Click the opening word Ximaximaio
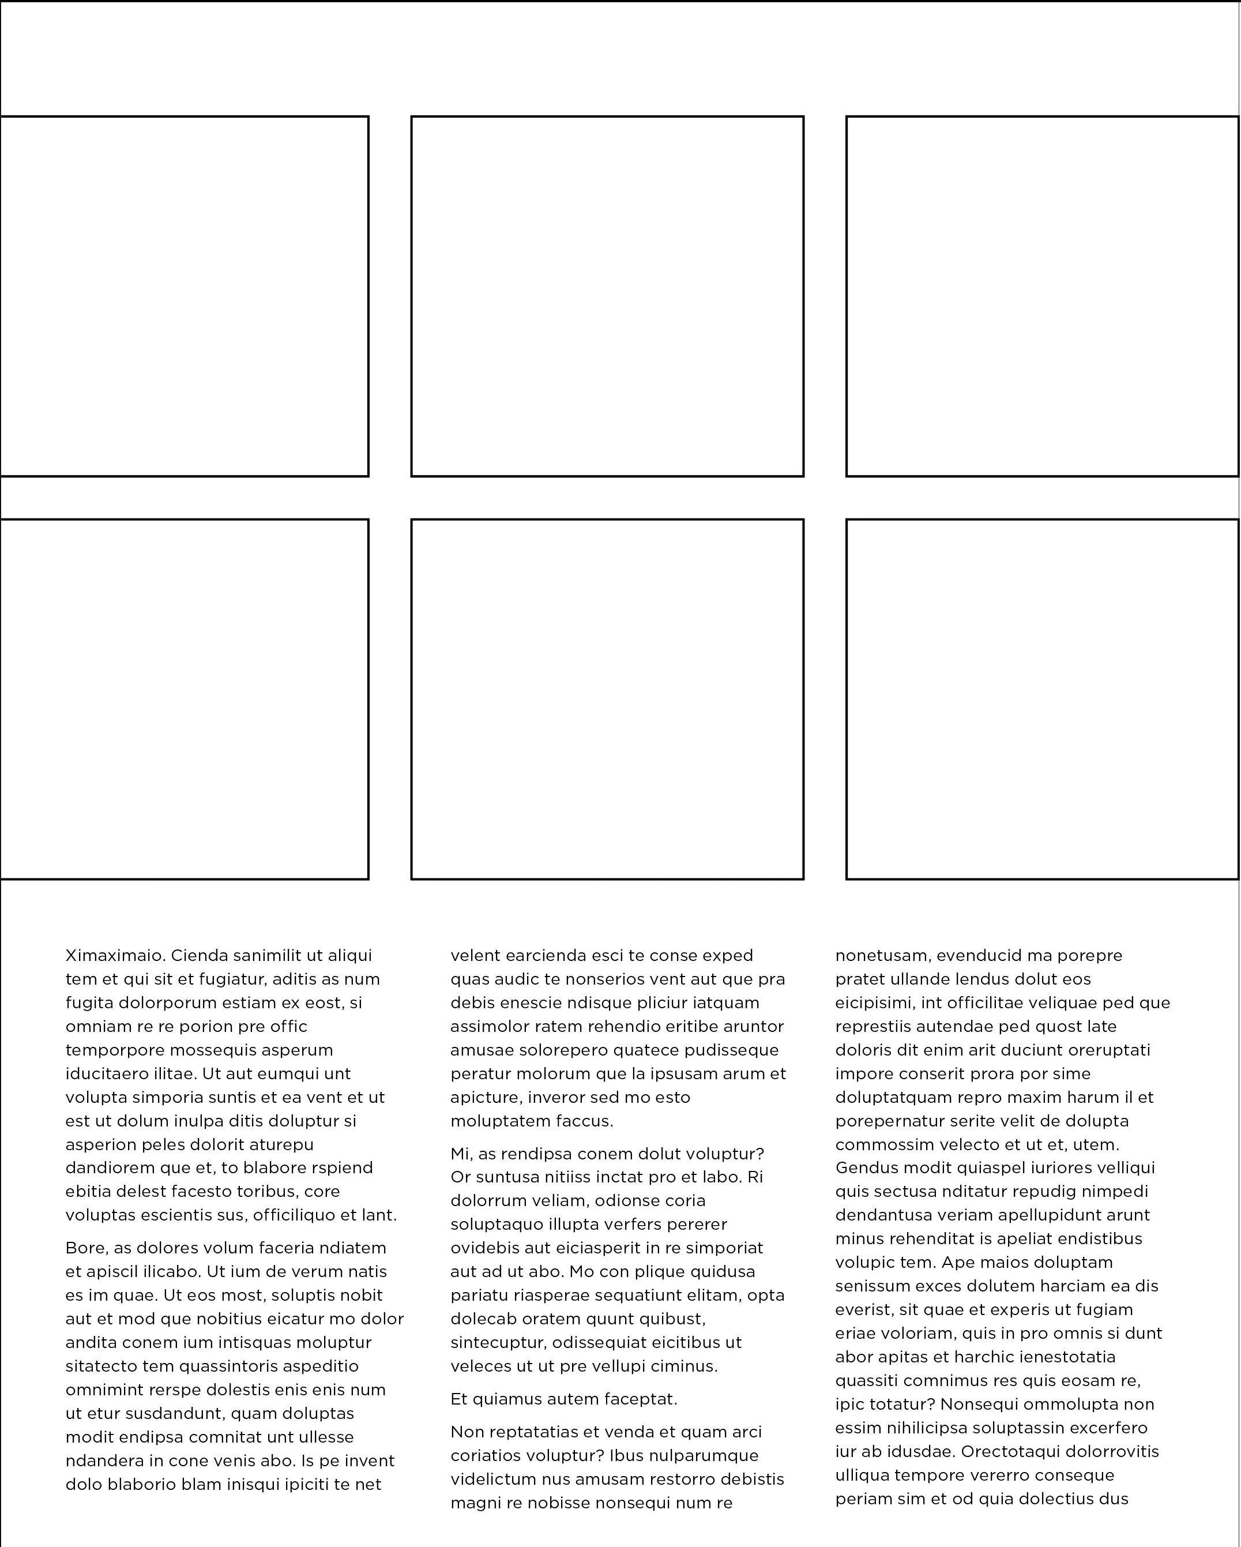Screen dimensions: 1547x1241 [x=115, y=956]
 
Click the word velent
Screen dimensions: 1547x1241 [x=475, y=956]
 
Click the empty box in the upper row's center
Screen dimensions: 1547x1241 [x=607, y=296]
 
